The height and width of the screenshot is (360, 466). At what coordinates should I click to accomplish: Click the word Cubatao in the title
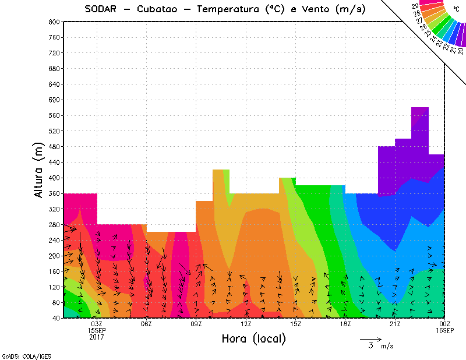pos(164,9)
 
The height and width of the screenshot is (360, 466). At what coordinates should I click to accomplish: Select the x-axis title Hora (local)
pos(253,338)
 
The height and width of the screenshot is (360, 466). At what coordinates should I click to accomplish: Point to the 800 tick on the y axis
pos(54,22)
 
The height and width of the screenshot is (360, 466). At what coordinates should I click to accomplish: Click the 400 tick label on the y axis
pos(54,178)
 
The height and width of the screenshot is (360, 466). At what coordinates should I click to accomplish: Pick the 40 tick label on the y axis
pos(55,318)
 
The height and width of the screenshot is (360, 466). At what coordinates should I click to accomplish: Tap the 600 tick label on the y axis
pos(54,100)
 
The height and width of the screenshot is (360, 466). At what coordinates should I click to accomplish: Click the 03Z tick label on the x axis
pos(97,324)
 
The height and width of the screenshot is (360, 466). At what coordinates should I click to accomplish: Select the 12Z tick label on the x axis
pos(246,324)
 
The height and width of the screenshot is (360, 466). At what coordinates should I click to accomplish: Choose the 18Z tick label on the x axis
pos(345,324)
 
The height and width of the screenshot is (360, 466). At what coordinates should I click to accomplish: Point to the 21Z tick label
pos(395,324)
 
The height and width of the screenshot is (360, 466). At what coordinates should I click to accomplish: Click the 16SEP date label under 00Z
pos(445,330)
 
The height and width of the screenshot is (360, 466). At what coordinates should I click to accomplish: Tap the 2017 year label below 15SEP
pos(97,337)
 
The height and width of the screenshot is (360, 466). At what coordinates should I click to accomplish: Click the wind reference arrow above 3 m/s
pos(370,338)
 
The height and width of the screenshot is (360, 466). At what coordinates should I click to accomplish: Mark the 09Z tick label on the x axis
pos(196,324)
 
